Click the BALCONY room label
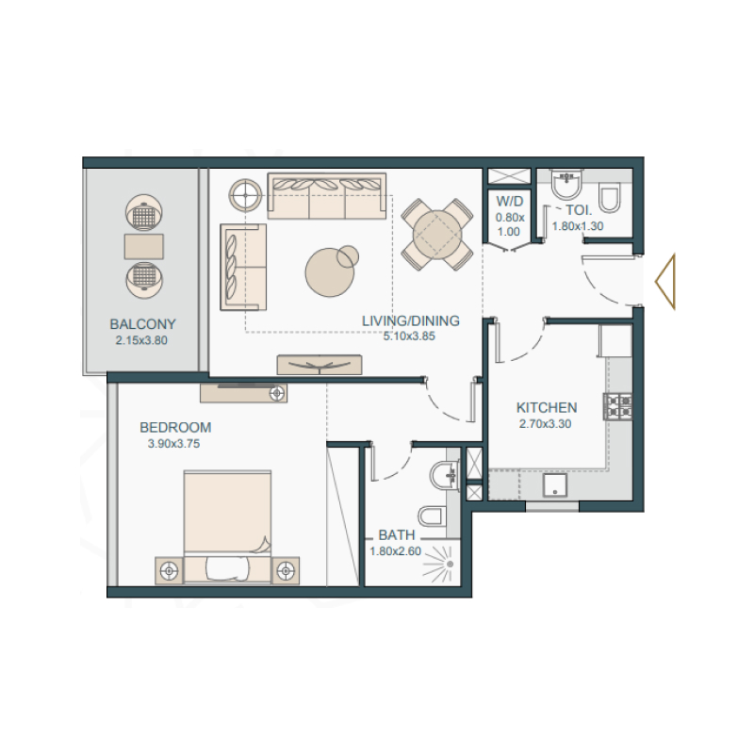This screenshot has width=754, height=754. [x=142, y=324]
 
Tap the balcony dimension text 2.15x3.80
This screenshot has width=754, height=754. [x=142, y=340]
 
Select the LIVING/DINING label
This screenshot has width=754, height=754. [x=411, y=320]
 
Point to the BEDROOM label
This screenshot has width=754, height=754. [x=175, y=426]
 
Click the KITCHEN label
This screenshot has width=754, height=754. [x=547, y=408]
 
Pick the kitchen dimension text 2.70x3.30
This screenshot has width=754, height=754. [x=547, y=424]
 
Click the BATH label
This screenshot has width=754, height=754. [x=397, y=535]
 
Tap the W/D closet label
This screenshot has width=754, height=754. [x=509, y=200]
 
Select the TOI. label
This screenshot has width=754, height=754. [x=578, y=210]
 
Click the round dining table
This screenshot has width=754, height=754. [x=436, y=232]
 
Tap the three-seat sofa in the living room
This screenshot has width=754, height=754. [x=326, y=196]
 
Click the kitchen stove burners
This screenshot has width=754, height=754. [x=618, y=406]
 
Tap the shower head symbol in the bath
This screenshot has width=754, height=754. [x=449, y=564]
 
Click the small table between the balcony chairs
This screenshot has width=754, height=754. [x=142, y=247]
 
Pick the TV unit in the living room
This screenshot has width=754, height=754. [x=320, y=364]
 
